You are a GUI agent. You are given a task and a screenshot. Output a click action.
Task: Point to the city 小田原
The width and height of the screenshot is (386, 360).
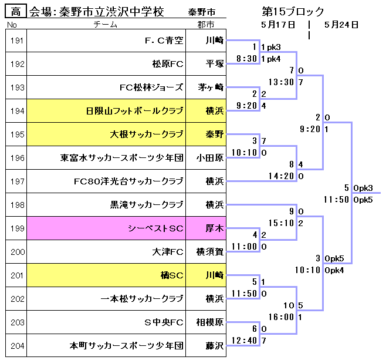[210, 158]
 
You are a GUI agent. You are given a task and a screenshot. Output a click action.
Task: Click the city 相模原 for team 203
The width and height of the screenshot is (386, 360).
[210, 322]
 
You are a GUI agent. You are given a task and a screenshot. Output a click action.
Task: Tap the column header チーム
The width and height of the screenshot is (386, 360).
[106, 25]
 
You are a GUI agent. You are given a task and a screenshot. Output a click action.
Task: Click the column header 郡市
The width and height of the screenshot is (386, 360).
[206, 25]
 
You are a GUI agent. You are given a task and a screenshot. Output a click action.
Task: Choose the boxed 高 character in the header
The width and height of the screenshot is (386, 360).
[16, 12]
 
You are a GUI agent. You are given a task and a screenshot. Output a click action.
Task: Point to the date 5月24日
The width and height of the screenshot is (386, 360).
[341, 25]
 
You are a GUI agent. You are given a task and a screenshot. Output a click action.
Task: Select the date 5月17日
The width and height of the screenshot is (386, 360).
[279, 25]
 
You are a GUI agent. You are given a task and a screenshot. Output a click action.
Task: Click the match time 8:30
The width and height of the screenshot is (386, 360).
[246, 59]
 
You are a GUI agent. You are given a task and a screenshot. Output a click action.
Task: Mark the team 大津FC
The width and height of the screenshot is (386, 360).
[168, 252]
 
